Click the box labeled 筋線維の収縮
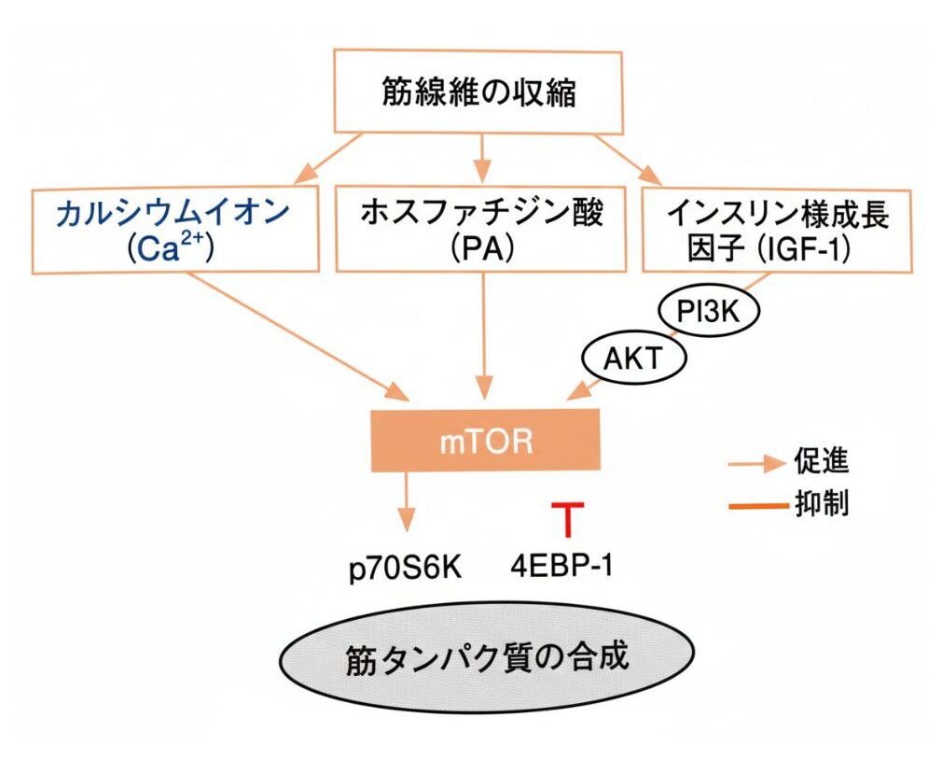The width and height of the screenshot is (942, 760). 479,91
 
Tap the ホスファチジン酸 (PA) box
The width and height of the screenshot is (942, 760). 482,230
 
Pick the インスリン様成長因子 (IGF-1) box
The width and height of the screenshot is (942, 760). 777,230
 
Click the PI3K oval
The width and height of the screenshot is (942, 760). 708,312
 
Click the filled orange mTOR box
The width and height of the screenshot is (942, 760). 485,440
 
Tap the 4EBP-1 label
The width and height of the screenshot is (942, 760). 562,566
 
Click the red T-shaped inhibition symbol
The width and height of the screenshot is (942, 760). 566,517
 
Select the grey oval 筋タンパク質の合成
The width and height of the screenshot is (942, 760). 486,657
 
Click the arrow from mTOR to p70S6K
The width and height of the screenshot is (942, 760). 406,504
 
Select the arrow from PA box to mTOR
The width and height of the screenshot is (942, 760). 483,336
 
